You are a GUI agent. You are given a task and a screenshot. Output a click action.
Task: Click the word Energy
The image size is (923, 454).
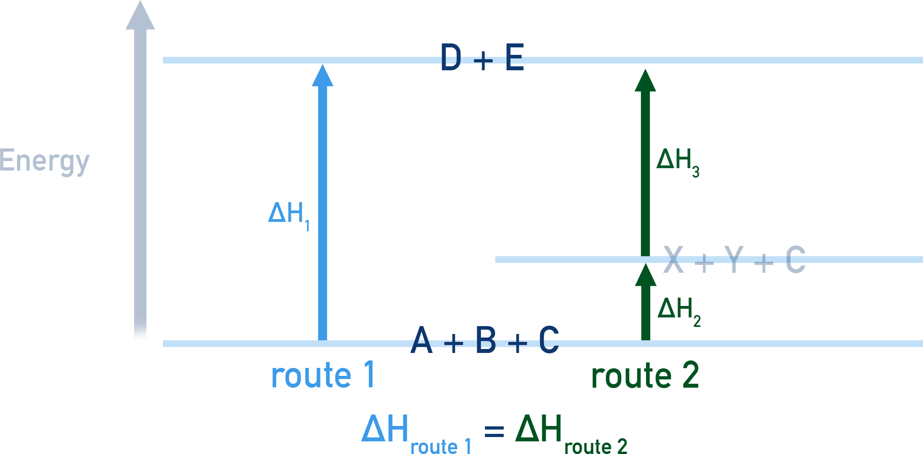[x=45, y=162]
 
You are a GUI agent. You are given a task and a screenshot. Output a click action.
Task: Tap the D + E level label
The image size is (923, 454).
[x=482, y=58]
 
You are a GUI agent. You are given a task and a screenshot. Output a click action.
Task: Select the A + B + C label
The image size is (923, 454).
[x=484, y=340]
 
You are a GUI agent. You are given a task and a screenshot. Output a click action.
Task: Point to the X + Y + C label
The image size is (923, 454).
[x=734, y=259]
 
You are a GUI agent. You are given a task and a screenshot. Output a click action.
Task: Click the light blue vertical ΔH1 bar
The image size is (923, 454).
[x=322, y=197]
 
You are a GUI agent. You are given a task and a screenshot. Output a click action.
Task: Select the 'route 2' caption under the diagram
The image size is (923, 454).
[x=645, y=375]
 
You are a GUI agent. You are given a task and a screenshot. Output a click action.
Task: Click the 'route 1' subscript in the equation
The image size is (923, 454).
[x=441, y=446]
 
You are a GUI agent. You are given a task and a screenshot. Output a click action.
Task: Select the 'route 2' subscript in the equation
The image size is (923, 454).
[x=595, y=446]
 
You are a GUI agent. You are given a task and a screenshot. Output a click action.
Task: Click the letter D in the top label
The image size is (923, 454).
[x=451, y=58]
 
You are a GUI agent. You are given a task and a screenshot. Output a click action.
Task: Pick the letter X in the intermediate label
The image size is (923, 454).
[x=673, y=259]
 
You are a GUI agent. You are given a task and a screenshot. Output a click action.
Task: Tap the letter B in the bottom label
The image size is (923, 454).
[x=486, y=340]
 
